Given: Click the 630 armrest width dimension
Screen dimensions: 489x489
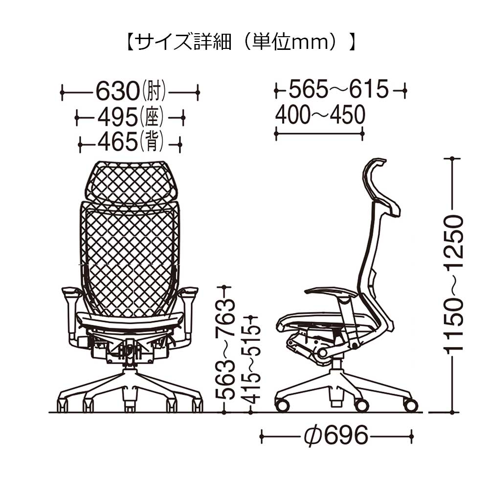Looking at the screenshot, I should pyautogui.click(x=117, y=91).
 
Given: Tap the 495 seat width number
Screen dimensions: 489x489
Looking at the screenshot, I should pyautogui.click(x=117, y=117).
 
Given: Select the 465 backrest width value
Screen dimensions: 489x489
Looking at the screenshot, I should pyautogui.click(x=117, y=143).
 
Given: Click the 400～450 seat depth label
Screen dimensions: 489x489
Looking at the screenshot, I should pyautogui.click(x=320, y=116).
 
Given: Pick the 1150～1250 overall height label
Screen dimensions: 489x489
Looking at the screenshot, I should pyautogui.click(x=453, y=284).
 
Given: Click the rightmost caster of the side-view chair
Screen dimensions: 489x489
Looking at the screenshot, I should pyautogui.click(x=411, y=405).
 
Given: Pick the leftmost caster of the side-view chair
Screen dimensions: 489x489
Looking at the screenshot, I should pyautogui.click(x=282, y=405).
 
